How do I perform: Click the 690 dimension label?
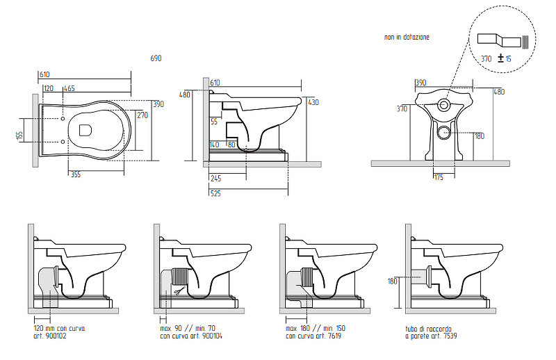156,58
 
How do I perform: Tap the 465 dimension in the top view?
69,88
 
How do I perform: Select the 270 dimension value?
142,115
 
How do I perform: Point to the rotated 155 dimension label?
20,135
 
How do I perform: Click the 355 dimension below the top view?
76,174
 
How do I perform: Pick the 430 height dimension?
313,102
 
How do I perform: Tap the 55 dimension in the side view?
214,122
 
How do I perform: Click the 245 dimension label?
215,179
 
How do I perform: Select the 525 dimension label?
215,193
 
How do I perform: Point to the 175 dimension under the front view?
439,177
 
